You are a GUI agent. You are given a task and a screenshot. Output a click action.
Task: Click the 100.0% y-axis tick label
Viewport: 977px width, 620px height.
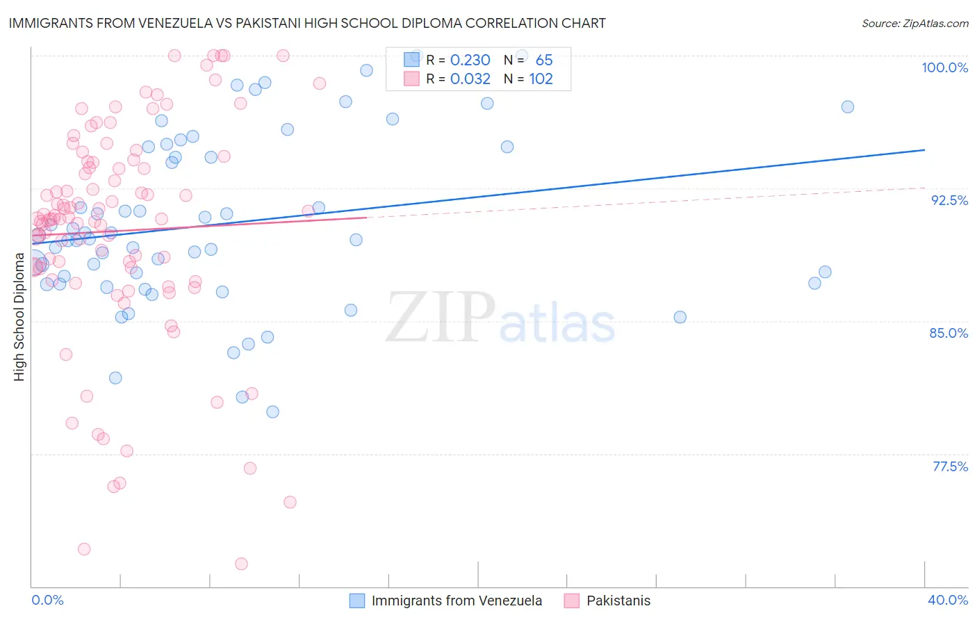point(944,67)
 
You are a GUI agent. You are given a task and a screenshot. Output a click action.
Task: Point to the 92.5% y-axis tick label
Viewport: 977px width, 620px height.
point(949,200)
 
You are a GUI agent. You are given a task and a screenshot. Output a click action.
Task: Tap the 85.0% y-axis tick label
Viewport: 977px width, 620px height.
point(949,333)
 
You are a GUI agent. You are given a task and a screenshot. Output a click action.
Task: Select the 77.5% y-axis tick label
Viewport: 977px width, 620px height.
point(950,466)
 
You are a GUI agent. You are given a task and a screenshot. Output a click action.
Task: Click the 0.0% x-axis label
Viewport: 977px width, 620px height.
point(47,600)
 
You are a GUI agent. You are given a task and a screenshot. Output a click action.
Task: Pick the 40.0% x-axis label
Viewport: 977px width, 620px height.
point(947,600)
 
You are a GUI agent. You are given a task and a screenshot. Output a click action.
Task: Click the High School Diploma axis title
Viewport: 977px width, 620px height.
point(19,317)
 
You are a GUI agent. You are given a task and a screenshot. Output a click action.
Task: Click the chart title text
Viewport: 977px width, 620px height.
point(307,23)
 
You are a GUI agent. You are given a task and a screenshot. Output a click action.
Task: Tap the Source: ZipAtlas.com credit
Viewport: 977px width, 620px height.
point(914,23)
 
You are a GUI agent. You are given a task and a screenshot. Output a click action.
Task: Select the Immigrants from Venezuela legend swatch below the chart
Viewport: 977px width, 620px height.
point(357,601)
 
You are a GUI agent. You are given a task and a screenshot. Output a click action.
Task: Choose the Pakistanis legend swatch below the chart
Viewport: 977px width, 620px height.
point(572,601)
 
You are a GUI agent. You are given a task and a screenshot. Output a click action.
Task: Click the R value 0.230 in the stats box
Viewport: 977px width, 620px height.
point(470,60)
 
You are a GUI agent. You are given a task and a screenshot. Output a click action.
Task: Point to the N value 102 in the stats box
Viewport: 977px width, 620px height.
point(541,79)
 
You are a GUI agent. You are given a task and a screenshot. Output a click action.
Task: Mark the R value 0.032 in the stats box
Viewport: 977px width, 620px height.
point(470,79)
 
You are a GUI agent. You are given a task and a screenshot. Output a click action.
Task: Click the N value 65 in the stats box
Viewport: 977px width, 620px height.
point(544,60)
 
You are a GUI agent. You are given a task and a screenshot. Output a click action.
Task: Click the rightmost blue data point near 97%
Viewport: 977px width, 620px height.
point(847,107)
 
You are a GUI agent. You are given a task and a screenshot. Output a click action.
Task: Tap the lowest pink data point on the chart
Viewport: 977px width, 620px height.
point(241,564)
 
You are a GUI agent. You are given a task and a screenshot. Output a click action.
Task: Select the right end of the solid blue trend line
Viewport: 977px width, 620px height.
point(924,149)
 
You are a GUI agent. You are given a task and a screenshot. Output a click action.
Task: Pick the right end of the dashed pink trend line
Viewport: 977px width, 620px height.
point(924,187)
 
